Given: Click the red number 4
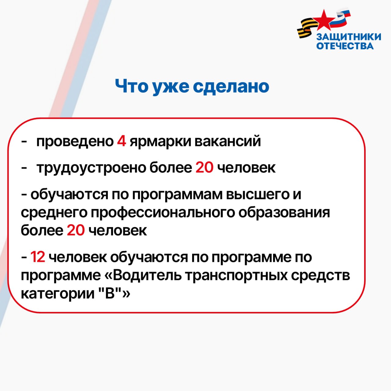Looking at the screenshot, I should coord(121,141).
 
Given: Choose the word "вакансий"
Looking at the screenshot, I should coord(228,141).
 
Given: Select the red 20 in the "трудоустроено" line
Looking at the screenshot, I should coord(204,167).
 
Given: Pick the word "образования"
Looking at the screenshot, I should coord(284,212).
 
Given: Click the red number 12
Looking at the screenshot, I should coord(38,257).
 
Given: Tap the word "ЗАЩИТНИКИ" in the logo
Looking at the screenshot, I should coord(349,37).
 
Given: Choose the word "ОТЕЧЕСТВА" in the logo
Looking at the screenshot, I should coord(345,46).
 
